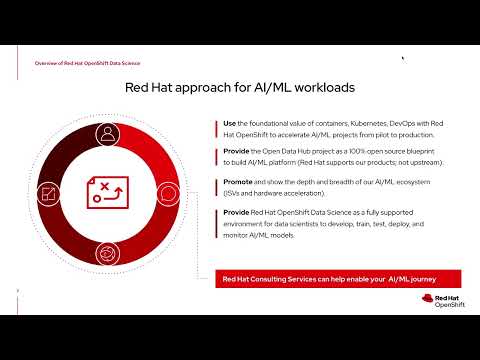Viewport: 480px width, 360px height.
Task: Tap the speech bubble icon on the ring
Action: pos(168,193)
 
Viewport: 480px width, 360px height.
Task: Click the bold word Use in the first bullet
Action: pos(228,123)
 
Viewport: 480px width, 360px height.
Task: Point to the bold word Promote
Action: pos(237,182)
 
